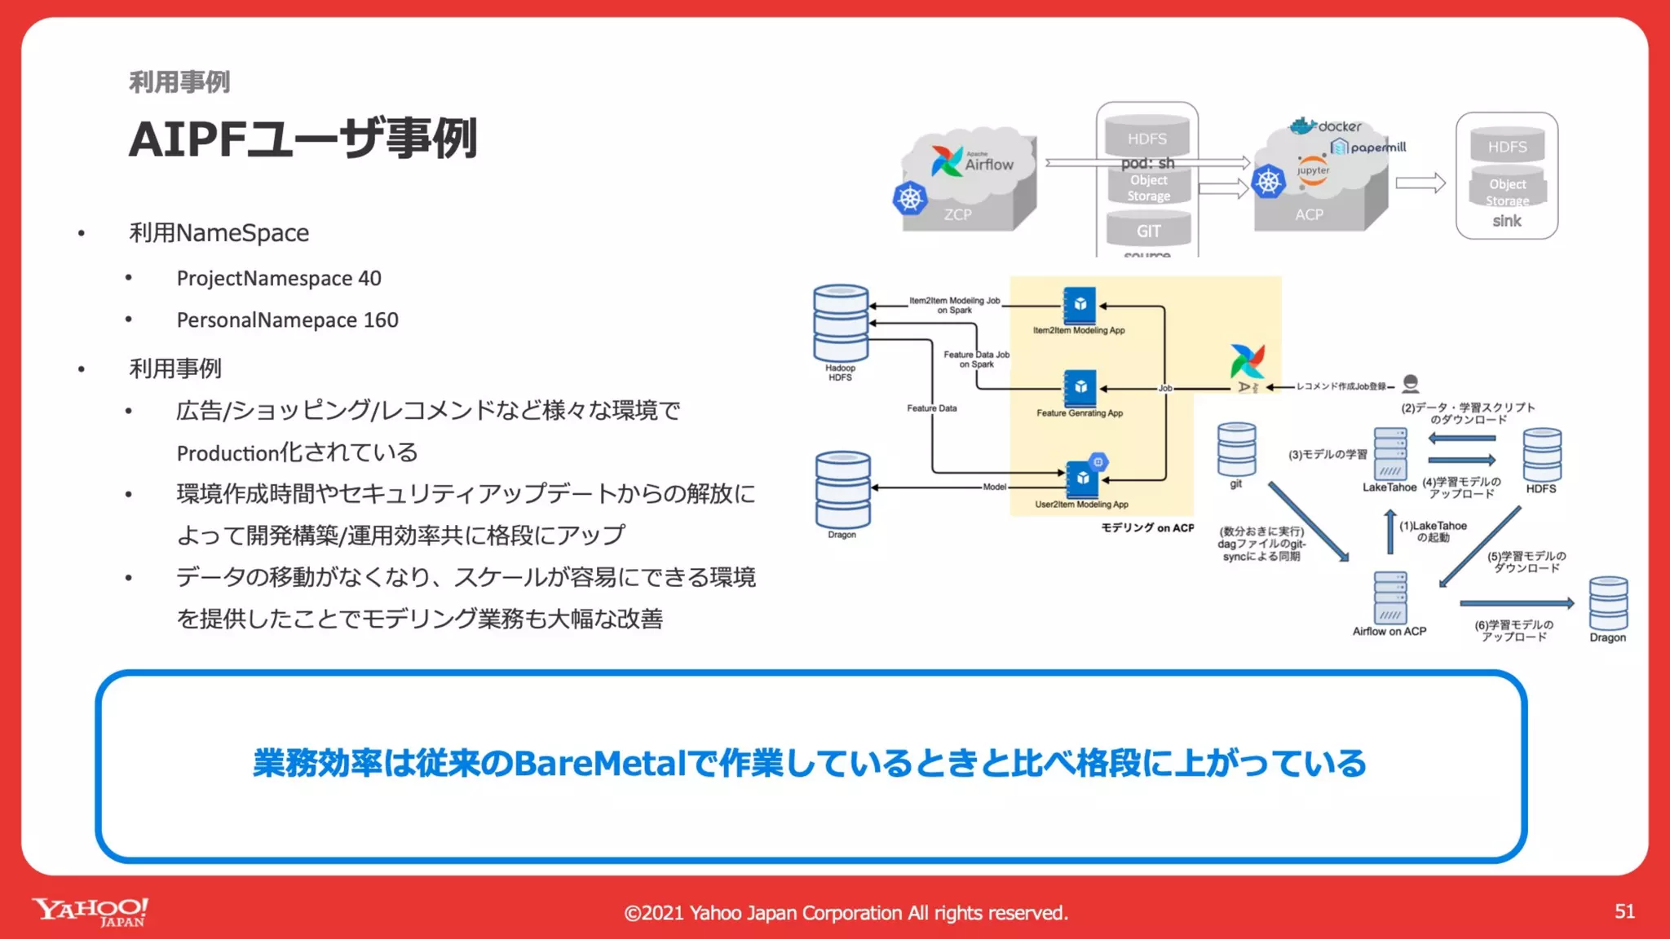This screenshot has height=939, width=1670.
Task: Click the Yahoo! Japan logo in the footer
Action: (x=90, y=911)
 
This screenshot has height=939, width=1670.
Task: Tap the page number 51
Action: (x=1624, y=911)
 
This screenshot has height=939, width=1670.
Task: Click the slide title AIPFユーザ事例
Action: (x=303, y=139)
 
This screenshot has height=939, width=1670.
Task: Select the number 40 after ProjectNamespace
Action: (x=369, y=279)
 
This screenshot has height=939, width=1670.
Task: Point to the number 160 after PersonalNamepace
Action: (x=381, y=320)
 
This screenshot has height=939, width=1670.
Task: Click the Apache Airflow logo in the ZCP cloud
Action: (x=948, y=161)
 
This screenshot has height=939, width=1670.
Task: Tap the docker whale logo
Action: (x=1303, y=126)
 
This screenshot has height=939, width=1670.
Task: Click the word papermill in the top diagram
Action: (x=1378, y=148)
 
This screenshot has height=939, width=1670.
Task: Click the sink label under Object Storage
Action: (x=1507, y=221)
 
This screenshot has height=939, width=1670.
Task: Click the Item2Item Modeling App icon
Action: (x=1080, y=306)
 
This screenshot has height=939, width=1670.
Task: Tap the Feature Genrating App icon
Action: (x=1080, y=388)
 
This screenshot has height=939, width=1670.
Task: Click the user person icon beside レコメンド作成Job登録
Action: (x=1411, y=384)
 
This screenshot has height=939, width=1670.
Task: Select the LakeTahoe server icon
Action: (x=1389, y=454)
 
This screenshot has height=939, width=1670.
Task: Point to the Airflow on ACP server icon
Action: (x=1389, y=597)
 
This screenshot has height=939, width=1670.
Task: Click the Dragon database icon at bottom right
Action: (x=1608, y=603)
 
